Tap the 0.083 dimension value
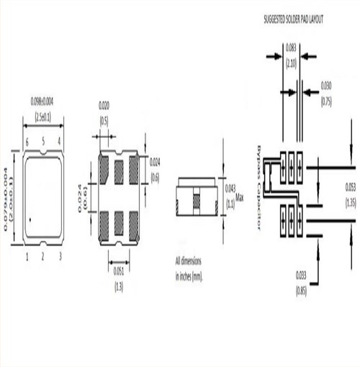[x=290, y=47]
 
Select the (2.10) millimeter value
[x=290, y=63]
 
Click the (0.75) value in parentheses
[x=325, y=99]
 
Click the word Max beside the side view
[x=240, y=196]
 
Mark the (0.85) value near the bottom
[x=302, y=291]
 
